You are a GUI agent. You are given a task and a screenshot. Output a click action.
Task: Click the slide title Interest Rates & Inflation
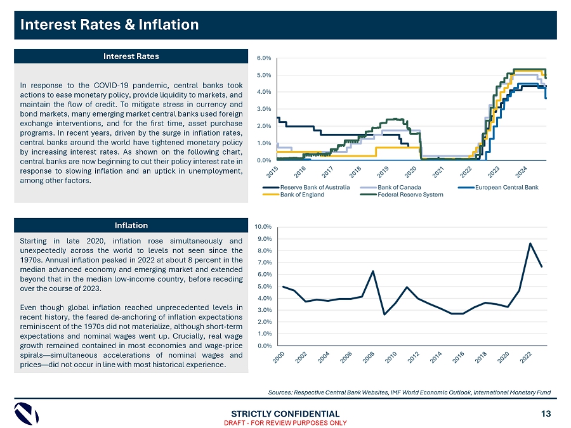[x=110, y=25]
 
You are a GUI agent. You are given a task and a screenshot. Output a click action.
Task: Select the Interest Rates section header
[x=131, y=56]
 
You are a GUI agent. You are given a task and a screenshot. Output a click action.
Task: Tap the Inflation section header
[x=131, y=225]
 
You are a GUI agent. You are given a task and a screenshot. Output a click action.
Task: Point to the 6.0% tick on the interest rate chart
[x=264, y=58]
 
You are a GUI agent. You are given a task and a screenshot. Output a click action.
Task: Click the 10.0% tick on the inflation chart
[x=263, y=226]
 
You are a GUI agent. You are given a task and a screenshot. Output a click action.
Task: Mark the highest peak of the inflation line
[x=530, y=243]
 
